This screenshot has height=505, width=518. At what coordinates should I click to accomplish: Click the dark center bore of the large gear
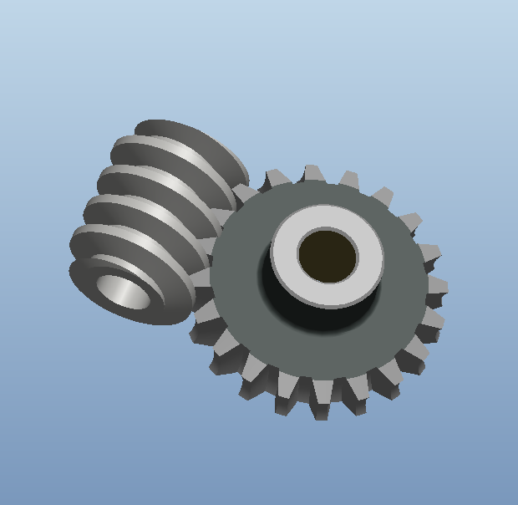coord(327,255)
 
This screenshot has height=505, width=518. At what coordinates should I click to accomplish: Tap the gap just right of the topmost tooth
coord(332,181)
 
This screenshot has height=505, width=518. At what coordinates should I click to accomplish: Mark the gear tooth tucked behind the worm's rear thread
coord(245,194)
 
